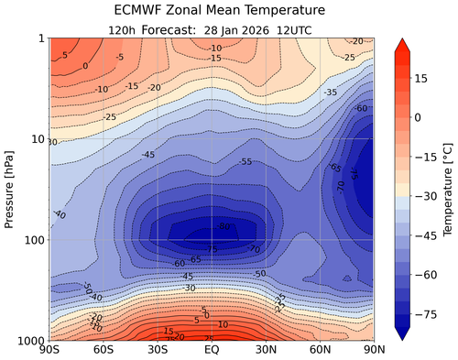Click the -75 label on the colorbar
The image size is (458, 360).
point(422,312)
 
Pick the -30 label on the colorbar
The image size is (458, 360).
point(422,196)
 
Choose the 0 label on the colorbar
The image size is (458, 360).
point(417,118)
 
